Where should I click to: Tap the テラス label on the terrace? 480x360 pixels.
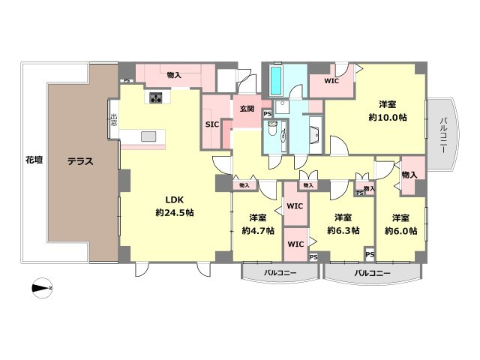coord(79,160)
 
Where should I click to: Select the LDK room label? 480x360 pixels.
coord(175,199)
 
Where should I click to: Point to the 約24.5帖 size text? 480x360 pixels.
coord(175,213)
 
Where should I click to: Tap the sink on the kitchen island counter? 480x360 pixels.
coord(148,136)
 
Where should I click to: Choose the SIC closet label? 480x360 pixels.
coord(212,125)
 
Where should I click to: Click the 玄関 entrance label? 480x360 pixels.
coord(247,109)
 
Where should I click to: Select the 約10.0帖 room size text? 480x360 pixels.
coord(387,118)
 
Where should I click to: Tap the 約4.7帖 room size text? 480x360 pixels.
coord(258,231)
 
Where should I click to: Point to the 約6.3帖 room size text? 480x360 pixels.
coord(343,231)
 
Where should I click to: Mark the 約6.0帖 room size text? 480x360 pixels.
coord(400,231)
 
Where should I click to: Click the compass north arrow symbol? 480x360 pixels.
coord(41,287)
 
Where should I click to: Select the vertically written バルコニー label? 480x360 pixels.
coord(444,133)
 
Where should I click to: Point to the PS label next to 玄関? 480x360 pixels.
coord(267,114)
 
